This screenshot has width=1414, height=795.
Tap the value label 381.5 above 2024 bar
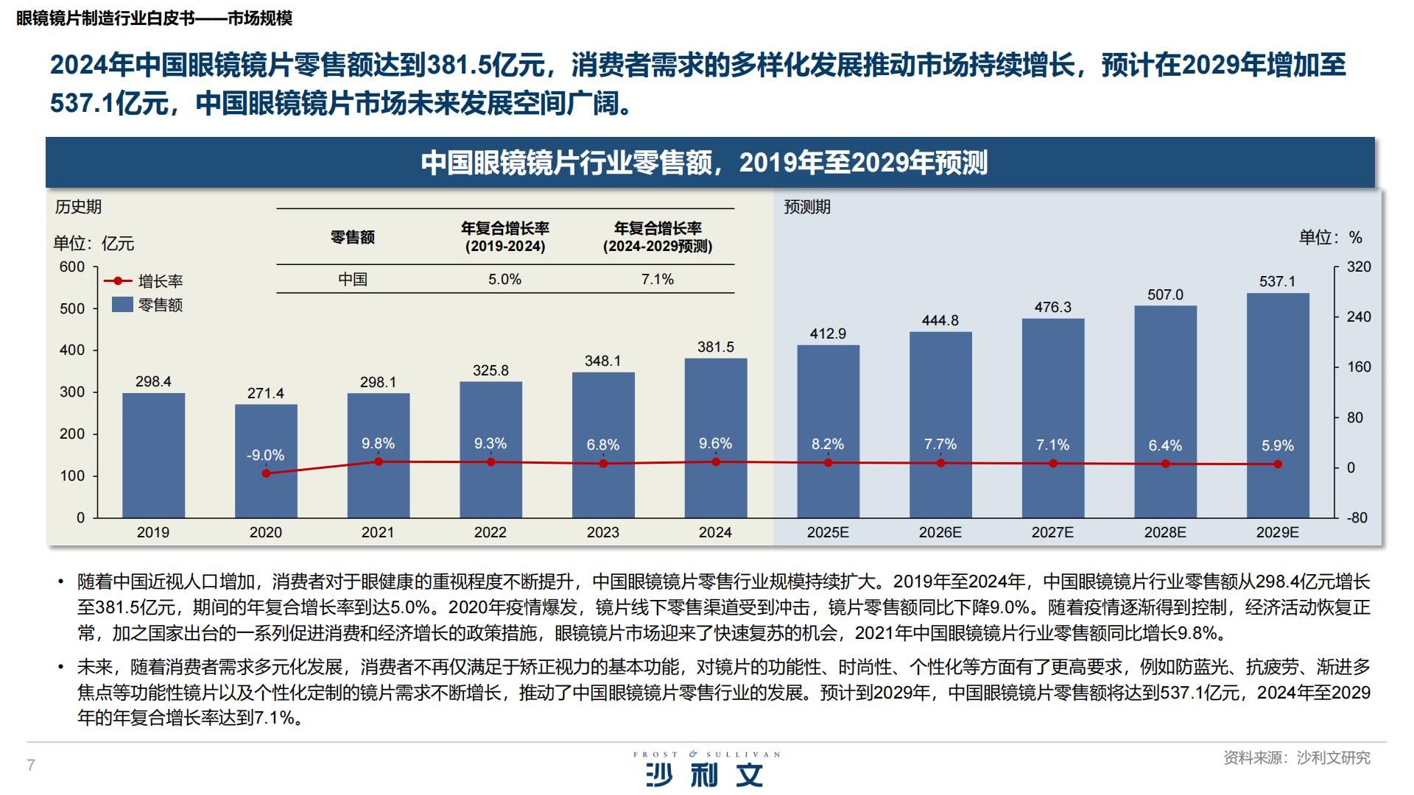(716, 347)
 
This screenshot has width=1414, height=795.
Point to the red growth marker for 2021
(379, 462)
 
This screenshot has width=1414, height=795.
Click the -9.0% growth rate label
(265, 455)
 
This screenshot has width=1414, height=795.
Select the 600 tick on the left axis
(72, 267)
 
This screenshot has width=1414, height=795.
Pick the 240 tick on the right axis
(1359, 317)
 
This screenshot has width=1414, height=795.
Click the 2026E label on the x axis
(940, 532)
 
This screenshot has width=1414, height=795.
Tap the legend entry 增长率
(160, 281)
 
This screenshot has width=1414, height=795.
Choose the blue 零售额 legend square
(122, 304)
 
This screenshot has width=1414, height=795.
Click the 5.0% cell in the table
(505, 280)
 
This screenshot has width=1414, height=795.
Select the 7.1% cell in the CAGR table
(658, 280)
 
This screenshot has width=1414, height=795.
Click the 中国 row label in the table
(353, 280)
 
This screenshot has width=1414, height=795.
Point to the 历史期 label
(78, 207)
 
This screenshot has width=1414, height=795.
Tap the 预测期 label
(807, 207)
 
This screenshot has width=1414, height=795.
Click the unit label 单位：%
(1330, 237)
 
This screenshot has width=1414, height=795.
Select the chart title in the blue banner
(704, 163)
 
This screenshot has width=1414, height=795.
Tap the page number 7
(31, 765)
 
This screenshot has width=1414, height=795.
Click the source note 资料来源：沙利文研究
(1297, 757)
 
